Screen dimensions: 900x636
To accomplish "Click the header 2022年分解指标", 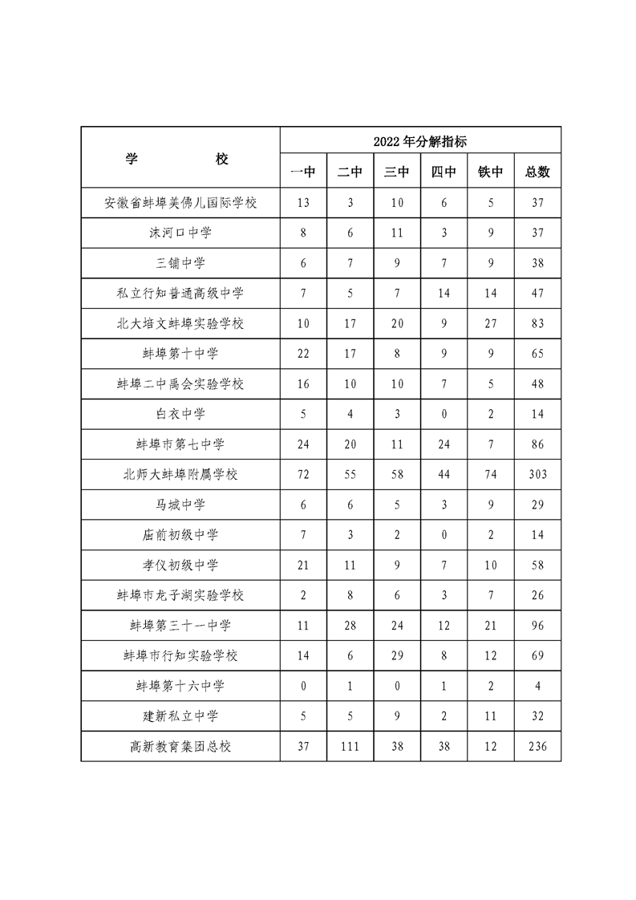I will pos(419,141).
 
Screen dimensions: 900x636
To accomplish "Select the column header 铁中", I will pos(490,172).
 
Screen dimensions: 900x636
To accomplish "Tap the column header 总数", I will pos(537,172).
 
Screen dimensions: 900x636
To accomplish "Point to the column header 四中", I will pos(444,172).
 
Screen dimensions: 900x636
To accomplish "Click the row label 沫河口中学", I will pos(180,233).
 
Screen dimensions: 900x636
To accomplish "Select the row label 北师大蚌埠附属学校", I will pos(180,474).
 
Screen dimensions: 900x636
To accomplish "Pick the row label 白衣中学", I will pos(180,414).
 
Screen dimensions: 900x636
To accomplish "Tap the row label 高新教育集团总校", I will pos(180,746).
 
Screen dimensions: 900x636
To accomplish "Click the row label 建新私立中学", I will pos(180,716).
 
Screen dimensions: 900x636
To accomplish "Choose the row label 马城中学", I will pos(180,505).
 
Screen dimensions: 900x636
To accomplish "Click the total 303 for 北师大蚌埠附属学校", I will pos(537,474).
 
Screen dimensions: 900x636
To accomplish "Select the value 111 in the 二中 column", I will pos(350,746).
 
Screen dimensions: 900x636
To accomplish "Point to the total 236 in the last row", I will pos(537,746).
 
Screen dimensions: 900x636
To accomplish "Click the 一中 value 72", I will pos(303,474).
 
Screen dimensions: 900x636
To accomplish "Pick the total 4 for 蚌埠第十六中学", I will pos(537,686).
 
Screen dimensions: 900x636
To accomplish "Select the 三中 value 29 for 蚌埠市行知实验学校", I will pos(397,655).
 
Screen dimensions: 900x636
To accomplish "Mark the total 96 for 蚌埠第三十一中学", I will pos(537,625).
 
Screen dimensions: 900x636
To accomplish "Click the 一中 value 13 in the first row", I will pos(303,202).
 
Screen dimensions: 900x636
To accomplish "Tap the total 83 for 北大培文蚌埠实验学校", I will pos(537,323).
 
